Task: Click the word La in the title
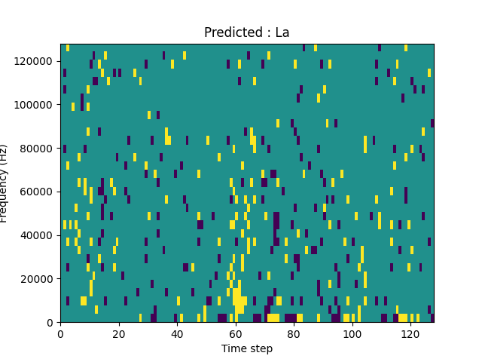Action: (282, 32)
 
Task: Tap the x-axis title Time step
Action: (247, 348)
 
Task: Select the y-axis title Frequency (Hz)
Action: (5, 183)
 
